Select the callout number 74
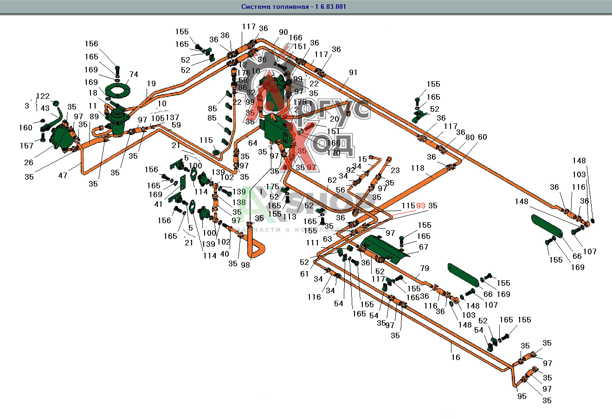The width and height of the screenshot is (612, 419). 134,74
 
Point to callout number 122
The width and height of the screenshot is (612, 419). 43,97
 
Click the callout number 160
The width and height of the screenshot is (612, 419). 26,128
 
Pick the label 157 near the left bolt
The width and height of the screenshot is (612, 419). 26,146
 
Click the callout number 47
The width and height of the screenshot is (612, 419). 63,175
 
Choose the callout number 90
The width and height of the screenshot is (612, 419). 283,32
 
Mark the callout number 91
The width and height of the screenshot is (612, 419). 353,72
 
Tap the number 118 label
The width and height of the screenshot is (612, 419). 418,168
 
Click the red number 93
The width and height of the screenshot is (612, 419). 420,206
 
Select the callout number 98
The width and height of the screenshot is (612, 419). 245,265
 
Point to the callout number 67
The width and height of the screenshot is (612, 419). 423,247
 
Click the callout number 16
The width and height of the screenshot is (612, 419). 456,357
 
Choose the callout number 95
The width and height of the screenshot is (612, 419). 522,396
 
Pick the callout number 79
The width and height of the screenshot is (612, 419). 425,268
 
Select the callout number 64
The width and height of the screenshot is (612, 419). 252,143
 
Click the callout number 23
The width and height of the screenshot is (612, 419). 395,170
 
